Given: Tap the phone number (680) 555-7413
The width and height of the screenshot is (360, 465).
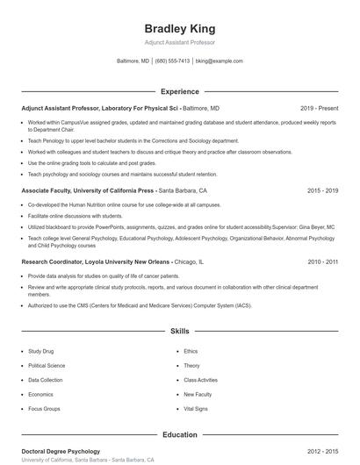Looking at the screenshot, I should tap(172, 61).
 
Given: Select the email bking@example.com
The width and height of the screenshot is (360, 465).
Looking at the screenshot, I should tap(219, 61).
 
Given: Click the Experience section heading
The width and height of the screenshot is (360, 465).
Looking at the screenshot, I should tap(179, 91).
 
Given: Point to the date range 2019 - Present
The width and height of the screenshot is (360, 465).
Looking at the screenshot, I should tap(319, 108).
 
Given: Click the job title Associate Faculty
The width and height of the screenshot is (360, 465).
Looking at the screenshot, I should tap(46, 190).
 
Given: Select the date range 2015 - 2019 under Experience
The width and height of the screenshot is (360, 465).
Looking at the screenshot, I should tap(322, 190).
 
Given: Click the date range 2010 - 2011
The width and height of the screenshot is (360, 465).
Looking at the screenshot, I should tap(322, 261).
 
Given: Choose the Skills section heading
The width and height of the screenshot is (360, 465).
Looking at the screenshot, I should tap(179, 332).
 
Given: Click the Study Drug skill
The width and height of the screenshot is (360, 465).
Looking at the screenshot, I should tap(41, 351).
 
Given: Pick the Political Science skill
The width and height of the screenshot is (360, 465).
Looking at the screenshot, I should tap(47, 365).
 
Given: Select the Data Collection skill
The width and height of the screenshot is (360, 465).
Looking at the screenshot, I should tap(46, 380).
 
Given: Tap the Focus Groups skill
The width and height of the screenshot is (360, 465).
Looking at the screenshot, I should tap(44, 409).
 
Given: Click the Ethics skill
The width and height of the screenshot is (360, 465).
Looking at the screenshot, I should tap(191, 351).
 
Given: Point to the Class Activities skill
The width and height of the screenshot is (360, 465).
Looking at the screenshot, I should tap(200, 380).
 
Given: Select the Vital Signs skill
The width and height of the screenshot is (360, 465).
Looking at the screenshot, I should tap(195, 409).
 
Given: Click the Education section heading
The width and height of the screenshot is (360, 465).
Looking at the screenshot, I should tap(179, 434).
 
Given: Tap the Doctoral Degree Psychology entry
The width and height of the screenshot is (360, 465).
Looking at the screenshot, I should tap(61, 451).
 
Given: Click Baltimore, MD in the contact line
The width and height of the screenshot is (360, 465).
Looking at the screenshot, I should tap(133, 61).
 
